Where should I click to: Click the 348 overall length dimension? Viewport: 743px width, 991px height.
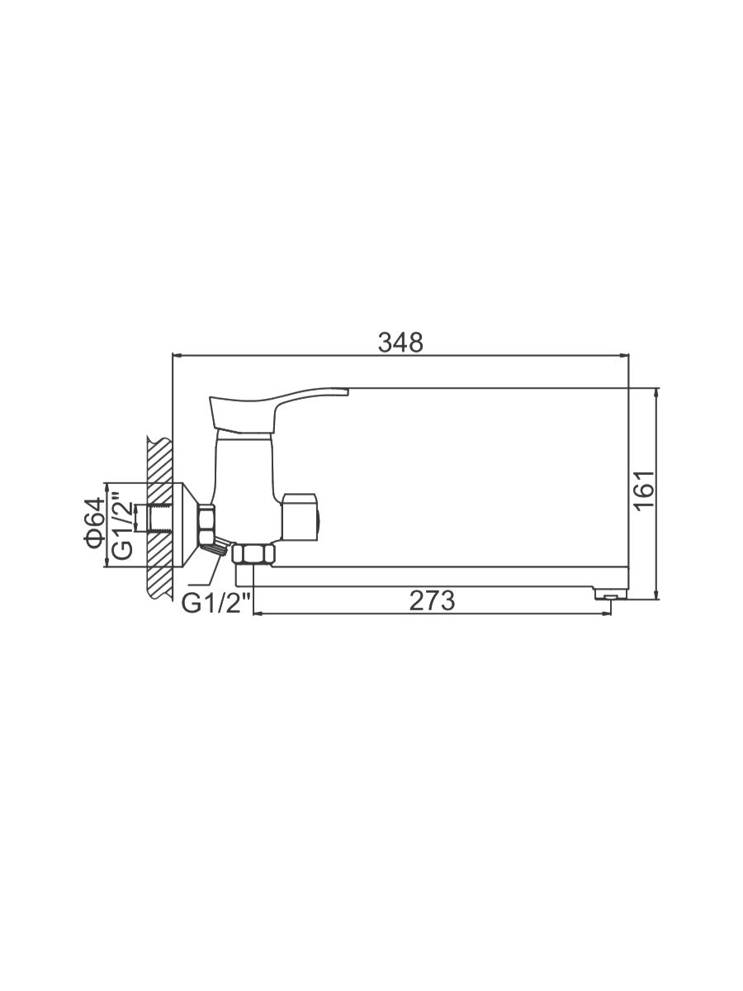click(400, 342)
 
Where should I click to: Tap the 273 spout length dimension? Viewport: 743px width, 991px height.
click(432, 601)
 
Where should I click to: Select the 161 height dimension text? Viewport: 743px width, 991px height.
click(644, 491)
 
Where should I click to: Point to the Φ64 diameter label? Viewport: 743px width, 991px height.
click(94, 524)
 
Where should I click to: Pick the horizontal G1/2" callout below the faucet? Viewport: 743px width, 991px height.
click(216, 604)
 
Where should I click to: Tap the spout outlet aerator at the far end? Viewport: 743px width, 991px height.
click(610, 597)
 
